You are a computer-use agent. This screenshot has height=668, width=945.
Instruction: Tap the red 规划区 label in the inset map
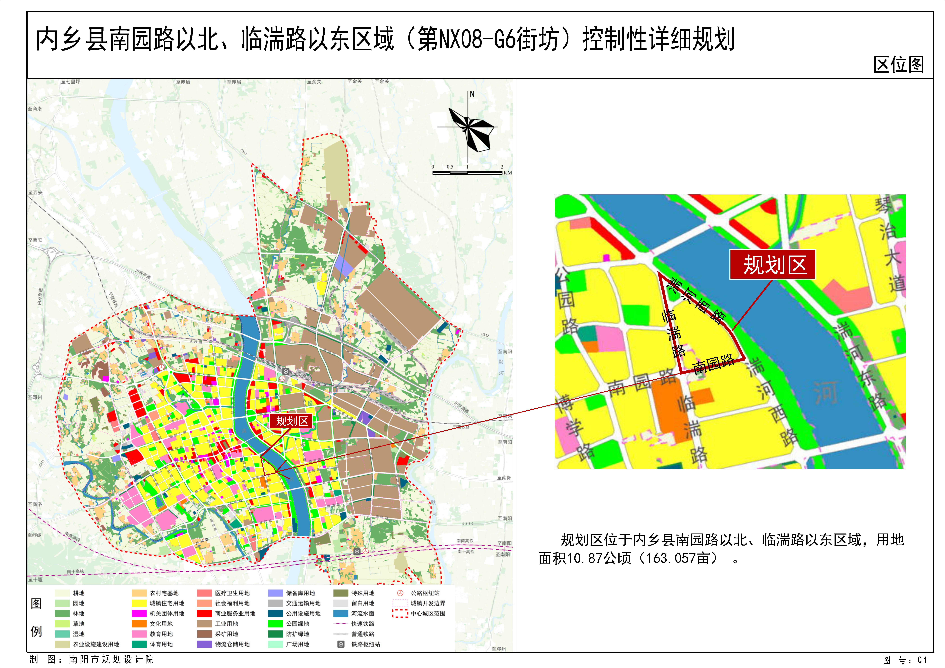[773, 265]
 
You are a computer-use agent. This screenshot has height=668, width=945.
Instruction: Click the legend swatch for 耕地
[62, 593]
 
